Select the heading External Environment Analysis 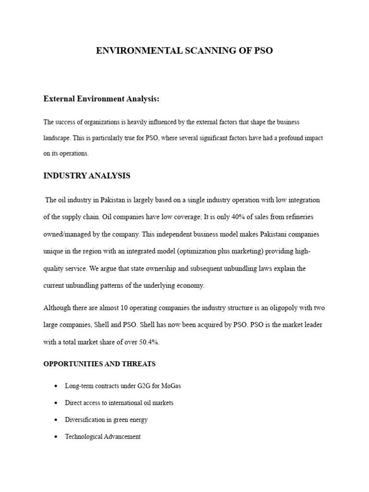click(x=101, y=98)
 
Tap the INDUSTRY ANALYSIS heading click(x=86, y=176)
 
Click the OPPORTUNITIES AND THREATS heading click(x=99, y=364)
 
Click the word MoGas click(x=171, y=386)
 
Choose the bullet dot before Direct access click(x=56, y=403)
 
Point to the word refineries click(x=298, y=217)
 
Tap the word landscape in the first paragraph click(x=57, y=137)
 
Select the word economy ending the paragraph click(x=191, y=285)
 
